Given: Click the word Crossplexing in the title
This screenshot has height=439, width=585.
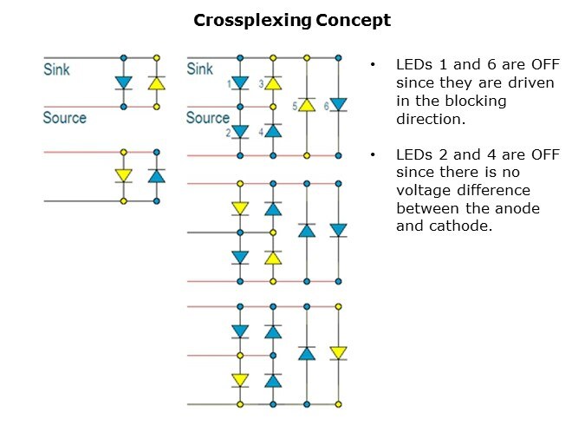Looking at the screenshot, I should click(250, 20).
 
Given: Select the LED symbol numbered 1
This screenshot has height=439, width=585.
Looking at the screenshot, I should click(240, 84).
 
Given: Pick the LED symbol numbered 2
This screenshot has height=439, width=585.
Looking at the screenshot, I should click(240, 131).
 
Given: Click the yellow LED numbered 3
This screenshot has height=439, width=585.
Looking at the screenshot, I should click(273, 84).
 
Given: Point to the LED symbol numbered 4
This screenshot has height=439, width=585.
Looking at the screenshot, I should click(273, 131).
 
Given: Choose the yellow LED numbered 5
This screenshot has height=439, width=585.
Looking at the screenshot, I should click(306, 105).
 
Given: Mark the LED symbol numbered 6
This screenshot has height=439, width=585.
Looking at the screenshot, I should click(339, 105).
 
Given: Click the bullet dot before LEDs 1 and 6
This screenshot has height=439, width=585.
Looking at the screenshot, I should click(373, 65).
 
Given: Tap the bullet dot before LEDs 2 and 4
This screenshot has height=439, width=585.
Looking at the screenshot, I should click(373, 154).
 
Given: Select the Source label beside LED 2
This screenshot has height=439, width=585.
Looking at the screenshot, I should click(208, 118).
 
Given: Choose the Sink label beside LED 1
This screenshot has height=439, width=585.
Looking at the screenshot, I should click(200, 69).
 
